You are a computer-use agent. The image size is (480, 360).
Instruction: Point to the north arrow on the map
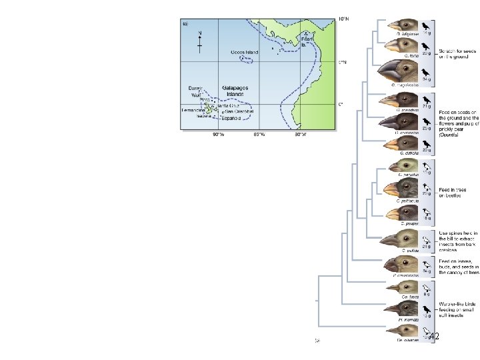coord(201,42)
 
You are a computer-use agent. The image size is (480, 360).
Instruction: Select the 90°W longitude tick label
coord(219,135)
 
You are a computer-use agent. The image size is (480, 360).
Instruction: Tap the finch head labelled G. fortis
coord(404,46)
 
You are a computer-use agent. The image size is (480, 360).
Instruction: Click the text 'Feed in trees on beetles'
coord(453,193)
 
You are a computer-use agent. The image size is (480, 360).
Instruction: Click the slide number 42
coord(433,337)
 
